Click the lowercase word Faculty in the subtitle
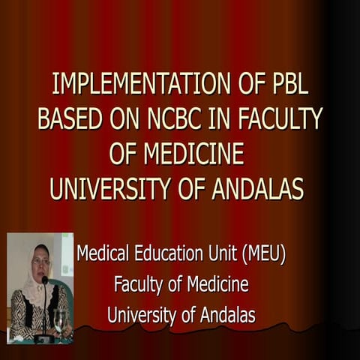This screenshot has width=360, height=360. tap(140, 285)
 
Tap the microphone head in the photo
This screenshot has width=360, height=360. tap(45, 280)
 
